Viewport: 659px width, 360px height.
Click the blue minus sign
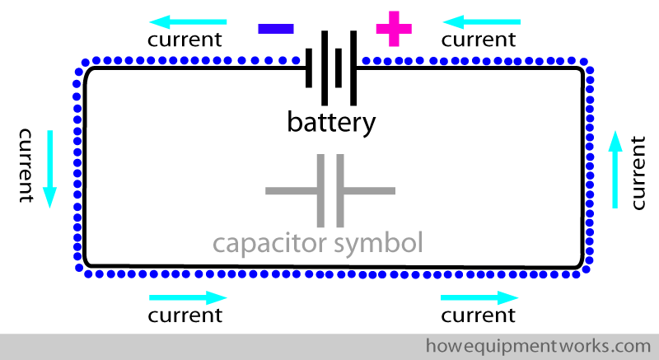[276, 28]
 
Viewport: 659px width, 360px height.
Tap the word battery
[331, 123]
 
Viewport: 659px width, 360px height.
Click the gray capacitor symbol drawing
[330, 190]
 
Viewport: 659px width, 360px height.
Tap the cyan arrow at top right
[482, 19]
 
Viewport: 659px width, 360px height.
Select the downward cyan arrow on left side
[49, 168]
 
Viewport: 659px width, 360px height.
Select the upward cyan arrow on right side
[614, 168]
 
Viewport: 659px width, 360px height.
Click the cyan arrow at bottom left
[187, 297]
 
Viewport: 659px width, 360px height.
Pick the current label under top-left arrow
[185, 39]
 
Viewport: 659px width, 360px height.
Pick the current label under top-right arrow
[479, 39]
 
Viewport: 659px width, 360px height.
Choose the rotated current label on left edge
[26, 165]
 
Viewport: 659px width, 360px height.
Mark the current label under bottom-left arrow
[185, 315]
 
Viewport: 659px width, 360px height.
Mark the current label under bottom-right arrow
[479, 315]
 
